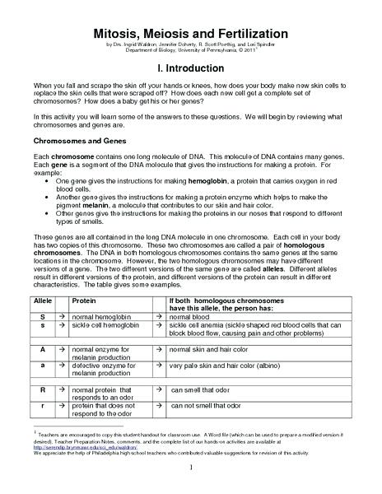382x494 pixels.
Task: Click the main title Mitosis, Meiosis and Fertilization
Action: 190,33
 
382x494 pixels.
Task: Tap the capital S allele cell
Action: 42,316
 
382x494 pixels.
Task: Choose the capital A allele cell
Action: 42,350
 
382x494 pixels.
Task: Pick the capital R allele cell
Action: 42,388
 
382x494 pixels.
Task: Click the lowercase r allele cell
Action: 42,406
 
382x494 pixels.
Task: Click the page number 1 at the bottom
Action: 190,468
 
